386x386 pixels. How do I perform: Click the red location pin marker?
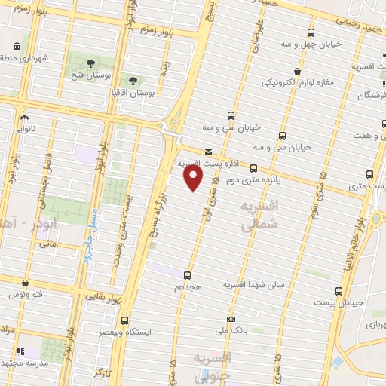194,178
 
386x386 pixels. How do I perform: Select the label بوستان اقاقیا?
133,93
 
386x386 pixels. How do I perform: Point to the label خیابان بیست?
338,302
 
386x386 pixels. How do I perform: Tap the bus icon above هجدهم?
187,276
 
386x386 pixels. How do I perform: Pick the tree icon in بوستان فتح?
91,63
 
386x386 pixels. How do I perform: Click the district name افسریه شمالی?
259,215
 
